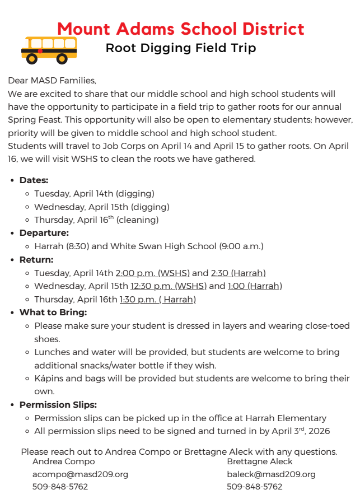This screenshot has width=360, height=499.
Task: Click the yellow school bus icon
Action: pos(49,49)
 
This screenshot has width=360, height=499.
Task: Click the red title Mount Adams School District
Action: pos(180,29)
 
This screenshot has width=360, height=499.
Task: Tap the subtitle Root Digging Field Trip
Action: pos(180,48)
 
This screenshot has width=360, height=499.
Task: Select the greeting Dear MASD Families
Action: pos(52,81)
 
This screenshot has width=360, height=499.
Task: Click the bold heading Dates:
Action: pos(34,180)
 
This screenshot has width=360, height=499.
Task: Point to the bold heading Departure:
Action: pos(44,233)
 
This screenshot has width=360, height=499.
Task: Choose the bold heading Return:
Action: pos(36,260)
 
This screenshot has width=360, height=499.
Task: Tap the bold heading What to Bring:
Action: pos(53,313)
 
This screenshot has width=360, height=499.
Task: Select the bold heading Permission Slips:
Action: pos(58,404)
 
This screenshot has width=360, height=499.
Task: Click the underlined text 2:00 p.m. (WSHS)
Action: pos(153,273)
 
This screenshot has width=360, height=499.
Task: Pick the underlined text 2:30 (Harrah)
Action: pos(238,273)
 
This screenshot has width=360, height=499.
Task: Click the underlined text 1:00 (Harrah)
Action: pos(255,286)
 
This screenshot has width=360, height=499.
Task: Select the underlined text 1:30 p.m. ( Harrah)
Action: pos(158,300)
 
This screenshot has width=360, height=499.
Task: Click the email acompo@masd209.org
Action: pos(80,474)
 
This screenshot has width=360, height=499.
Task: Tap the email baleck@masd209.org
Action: pos(271,474)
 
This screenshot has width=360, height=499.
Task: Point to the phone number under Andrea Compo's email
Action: pos(60,487)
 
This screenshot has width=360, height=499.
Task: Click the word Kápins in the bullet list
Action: pos(49,379)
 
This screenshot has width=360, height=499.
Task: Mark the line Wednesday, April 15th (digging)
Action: pos(94,207)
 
